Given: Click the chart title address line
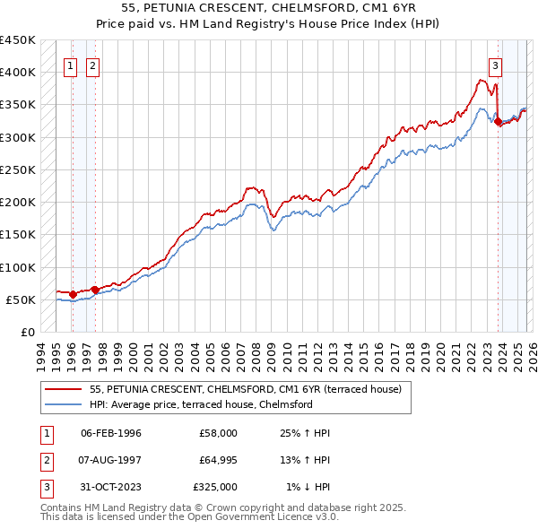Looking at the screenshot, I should pos(268,8).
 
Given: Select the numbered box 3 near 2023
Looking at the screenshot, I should pos(494,65).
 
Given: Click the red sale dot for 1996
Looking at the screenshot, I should pos(73,294).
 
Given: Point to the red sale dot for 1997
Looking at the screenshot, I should pos(95,289).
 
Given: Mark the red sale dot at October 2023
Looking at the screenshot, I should pos(498,122).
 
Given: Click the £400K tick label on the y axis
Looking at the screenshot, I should pos(18,73).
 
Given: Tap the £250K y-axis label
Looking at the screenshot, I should pos(18,169).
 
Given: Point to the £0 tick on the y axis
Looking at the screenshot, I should pos(27,333).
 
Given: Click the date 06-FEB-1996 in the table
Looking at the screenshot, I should pos(111,433).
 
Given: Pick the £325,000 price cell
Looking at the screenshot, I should pos(215,487).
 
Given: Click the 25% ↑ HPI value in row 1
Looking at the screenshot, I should pos(304,433).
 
